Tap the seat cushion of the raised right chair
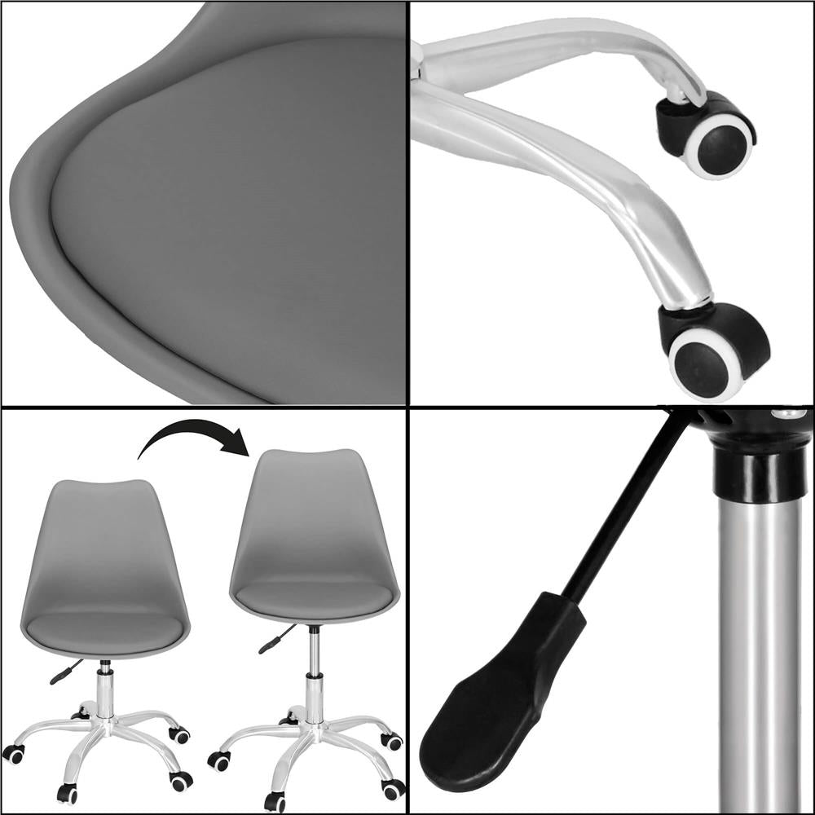point(314,597)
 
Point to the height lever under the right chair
point(274,641)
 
